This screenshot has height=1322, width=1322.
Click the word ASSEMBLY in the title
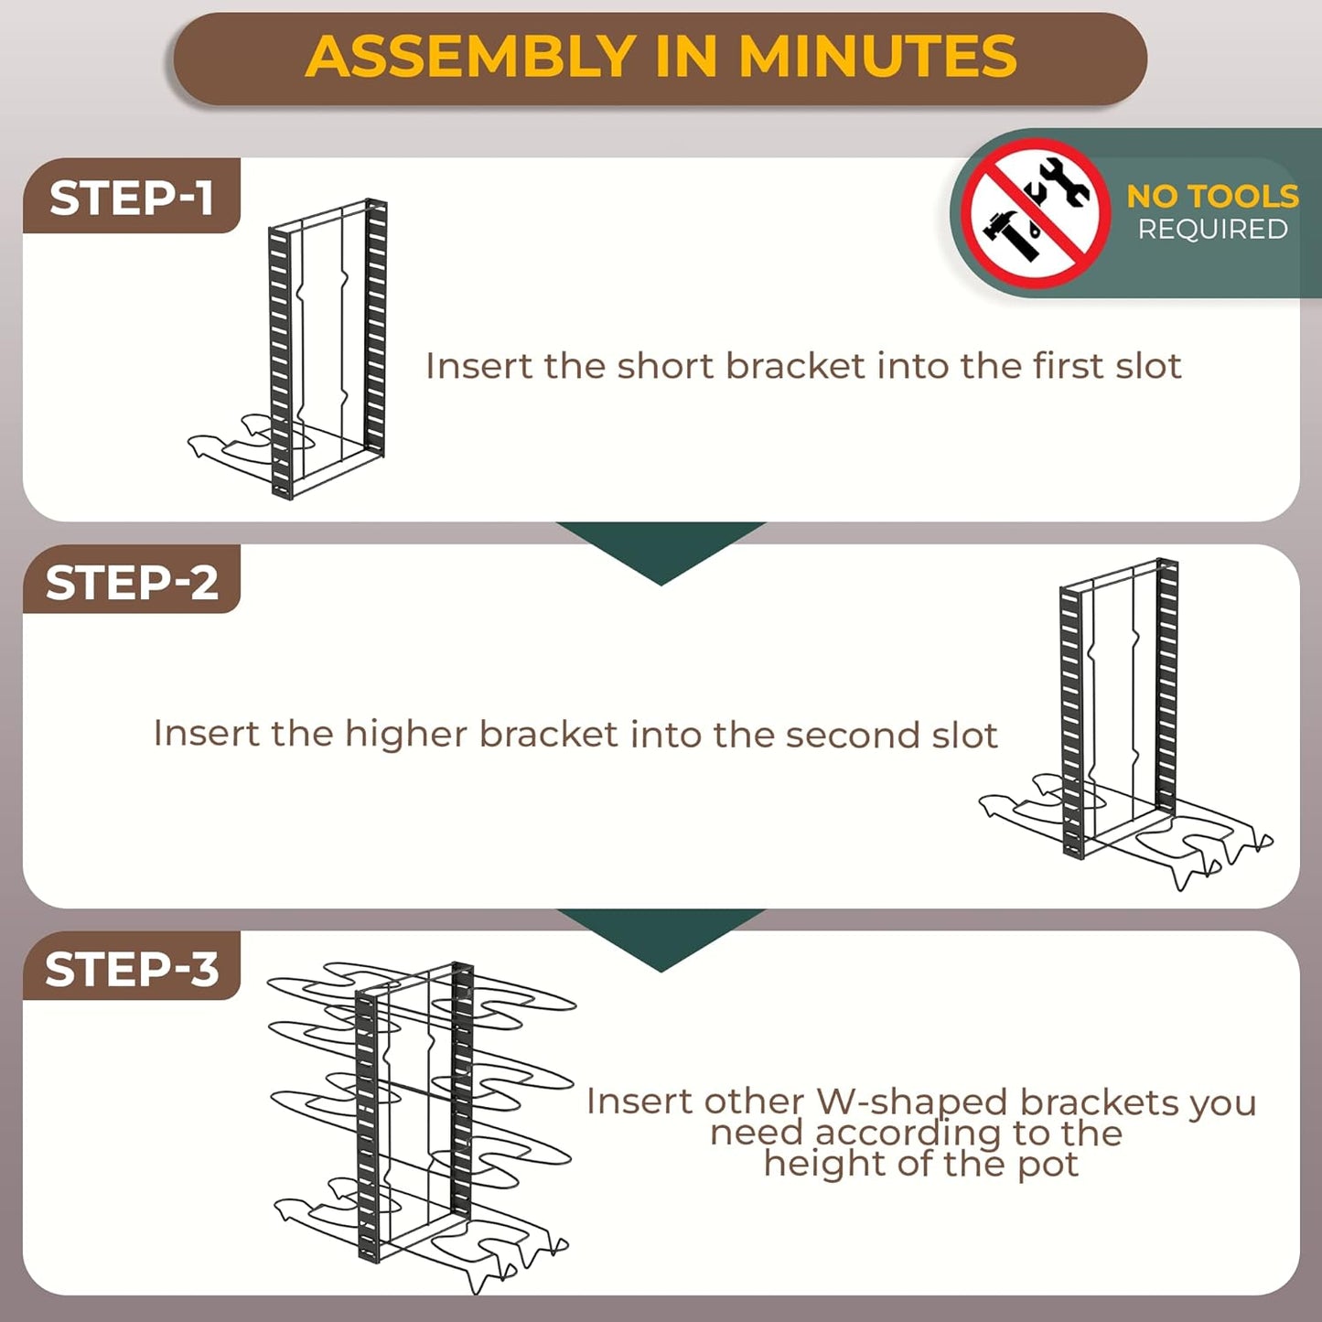(x=470, y=57)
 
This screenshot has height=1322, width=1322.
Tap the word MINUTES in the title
(x=877, y=57)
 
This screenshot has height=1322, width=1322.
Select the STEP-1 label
(x=131, y=198)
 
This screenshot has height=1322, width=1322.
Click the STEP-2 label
(x=132, y=583)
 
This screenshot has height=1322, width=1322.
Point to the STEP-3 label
(x=132, y=969)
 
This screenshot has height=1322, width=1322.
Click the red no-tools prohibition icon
(x=1036, y=213)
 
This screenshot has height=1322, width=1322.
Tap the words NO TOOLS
(x=1211, y=196)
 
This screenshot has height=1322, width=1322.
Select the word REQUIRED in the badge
(x=1212, y=230)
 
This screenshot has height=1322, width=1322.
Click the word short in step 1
(x=666, y=366)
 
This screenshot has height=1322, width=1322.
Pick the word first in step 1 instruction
(x=1069, y=366)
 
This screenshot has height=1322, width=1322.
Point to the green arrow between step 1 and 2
(x=661, y=548)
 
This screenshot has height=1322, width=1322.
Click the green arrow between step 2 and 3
(x=661, y=935)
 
